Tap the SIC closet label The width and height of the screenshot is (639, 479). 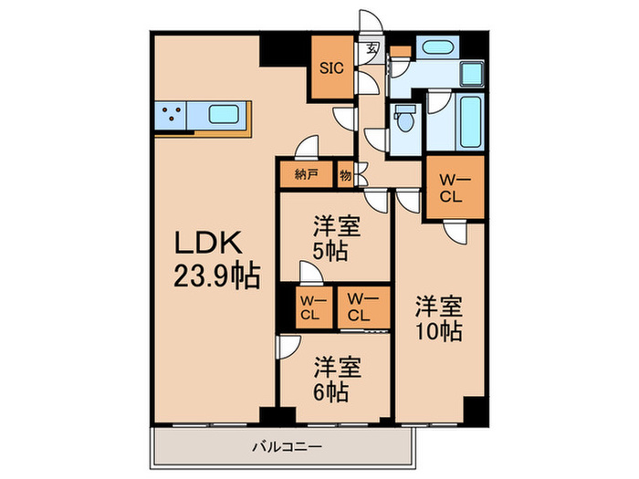(330, 67)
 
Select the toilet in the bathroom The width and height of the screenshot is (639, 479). (403, 117)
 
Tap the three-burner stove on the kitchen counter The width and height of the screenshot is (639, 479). (171, 116)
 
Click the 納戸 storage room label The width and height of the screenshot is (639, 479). (306, 173)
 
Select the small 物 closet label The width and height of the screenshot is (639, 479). (346, 173)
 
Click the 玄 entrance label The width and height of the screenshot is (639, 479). (372, 50)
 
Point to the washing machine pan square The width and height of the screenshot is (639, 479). (472, 73)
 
